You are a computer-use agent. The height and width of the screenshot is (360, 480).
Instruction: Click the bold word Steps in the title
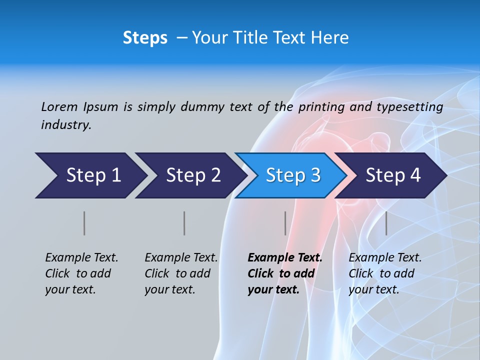tap(145, 38)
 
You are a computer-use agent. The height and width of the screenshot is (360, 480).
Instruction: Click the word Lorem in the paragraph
tap(59, 106)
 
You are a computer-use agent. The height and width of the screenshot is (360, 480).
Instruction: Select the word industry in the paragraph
tap(66, 125)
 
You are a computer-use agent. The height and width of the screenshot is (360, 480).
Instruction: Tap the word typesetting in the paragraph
tap(409, 107)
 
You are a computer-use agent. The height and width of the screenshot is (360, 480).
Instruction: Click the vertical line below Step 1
tap(84, 223)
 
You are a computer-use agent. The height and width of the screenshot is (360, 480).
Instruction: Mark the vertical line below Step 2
tap(184, 223)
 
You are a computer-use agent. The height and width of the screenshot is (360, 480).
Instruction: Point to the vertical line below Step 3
tap(285, 223)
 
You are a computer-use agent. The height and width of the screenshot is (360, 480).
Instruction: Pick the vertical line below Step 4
tap(386, 223)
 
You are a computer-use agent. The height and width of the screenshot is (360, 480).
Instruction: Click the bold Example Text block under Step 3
tap(285, 273)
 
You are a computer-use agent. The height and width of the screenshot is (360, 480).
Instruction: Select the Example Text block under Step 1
tap(81, 273)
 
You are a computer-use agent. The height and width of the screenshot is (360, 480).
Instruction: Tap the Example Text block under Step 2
tap(181, 273)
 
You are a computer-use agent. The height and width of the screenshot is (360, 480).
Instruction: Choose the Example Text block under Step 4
tap(385, 273)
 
